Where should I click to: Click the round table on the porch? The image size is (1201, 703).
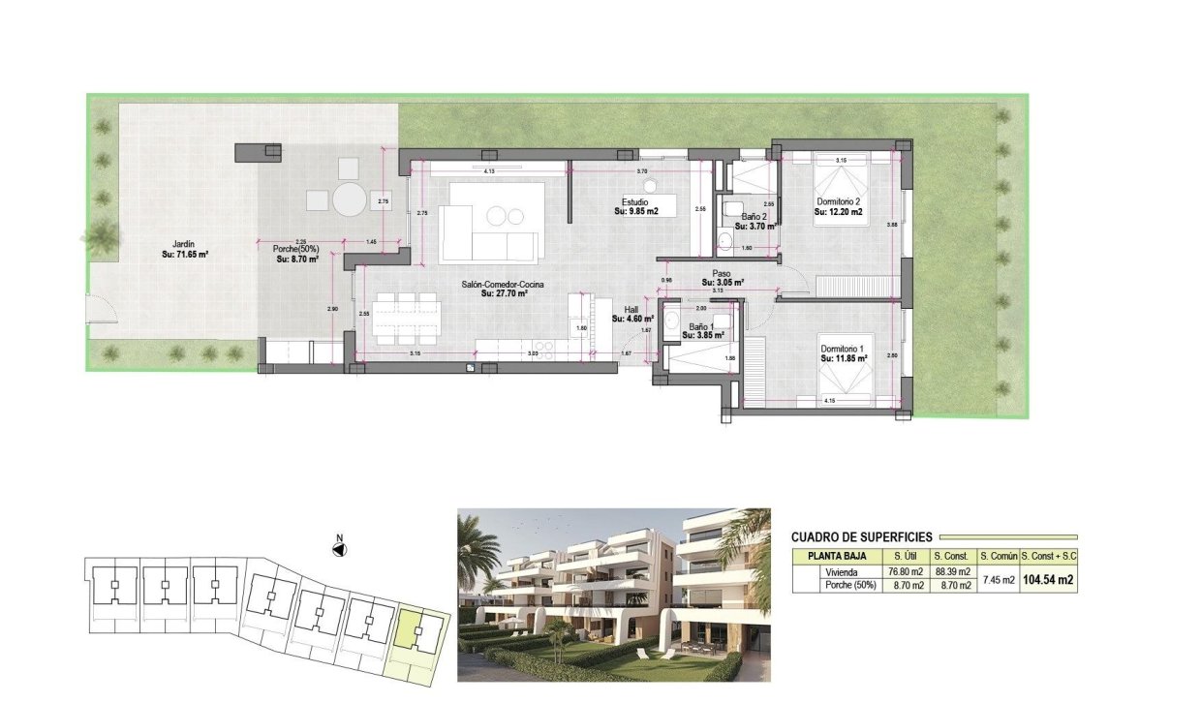[x=350, y=199]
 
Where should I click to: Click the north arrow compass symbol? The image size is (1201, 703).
[x=339, y=549]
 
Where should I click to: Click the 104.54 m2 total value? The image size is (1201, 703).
[x=1050, y=580]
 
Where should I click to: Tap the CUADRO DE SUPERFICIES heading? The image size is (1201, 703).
[x=861, y=536]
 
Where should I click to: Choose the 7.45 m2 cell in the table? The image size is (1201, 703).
[x=998, y=580]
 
